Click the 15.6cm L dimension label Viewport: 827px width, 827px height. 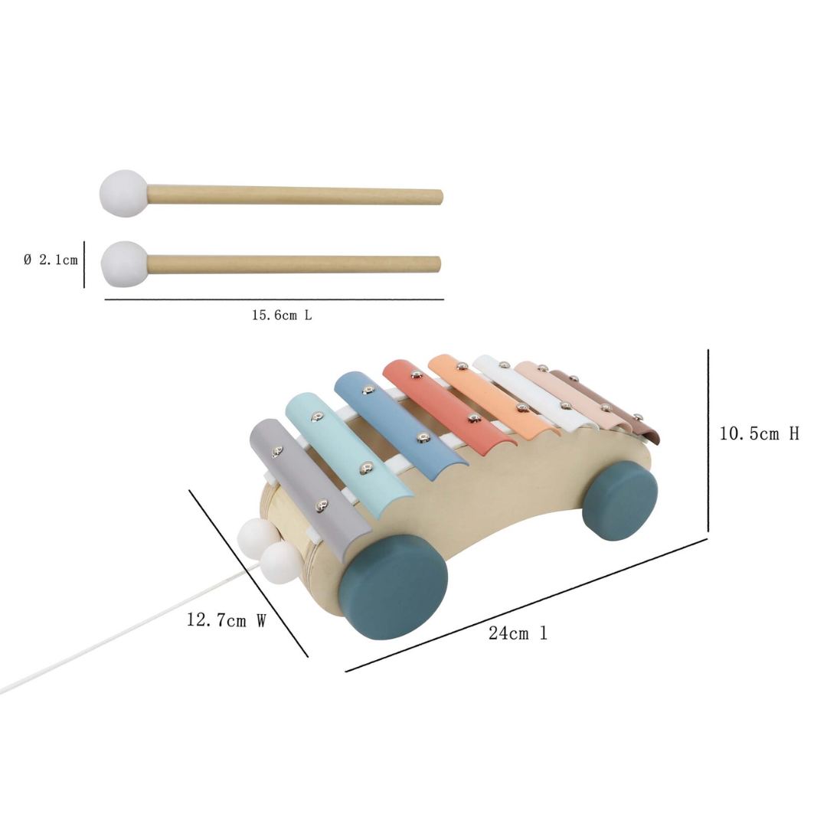tap(281, 315)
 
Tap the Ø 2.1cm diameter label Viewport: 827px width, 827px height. tap(51, 260)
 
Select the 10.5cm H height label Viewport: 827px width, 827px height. tap(759, 433)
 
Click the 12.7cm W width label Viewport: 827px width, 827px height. tap(226, 620)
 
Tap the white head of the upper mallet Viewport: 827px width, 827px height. tap(123, 194)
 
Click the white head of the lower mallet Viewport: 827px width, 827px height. tap(123, 263)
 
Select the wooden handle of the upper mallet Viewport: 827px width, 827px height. tap(295, 196)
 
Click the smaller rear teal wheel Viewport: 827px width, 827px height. tap(619, 501)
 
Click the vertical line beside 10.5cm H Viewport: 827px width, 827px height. tap(708, 440)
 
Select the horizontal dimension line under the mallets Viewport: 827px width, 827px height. tap(273, 299)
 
